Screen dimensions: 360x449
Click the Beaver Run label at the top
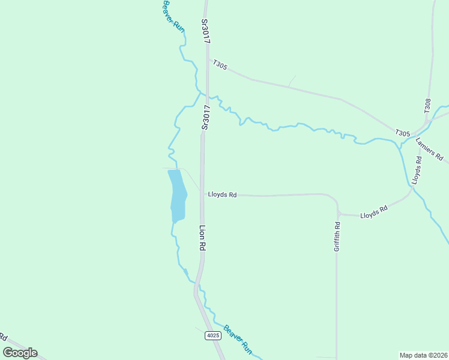[173, 16]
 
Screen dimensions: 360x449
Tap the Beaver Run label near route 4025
[238, 340]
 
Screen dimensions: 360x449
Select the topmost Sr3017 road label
[205, 30]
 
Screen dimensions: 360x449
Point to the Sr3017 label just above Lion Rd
[205, 118]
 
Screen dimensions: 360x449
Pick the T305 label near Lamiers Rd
[402, 133]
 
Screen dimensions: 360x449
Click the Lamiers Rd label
[429, 149]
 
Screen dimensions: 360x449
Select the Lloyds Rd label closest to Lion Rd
[222, 195]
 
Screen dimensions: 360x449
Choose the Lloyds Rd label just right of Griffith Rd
[374, 212]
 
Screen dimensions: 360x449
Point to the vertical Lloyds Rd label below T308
[417, 170]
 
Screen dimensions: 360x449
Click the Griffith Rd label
[337, 237]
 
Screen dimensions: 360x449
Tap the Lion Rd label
[202, 238]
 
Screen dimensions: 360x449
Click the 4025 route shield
[212, 335]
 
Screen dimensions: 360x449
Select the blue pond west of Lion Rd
[177, 195]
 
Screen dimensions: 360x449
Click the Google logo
[20, 353]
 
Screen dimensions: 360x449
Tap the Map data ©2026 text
[423, 355]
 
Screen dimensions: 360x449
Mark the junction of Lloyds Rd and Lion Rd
[202, 195]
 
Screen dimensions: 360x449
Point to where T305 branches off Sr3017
[208, 58]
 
